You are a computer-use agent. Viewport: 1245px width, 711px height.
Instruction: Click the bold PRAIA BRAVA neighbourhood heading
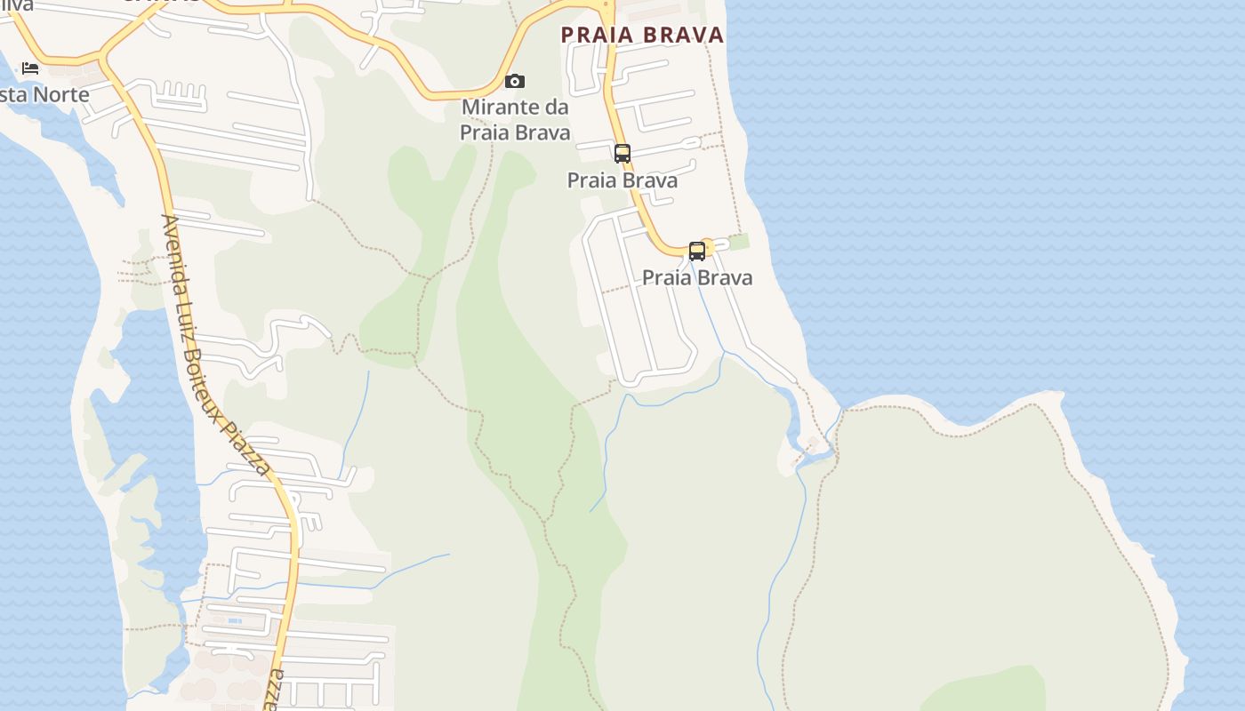coord(642,35)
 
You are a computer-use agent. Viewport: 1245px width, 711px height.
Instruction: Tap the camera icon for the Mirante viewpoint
coord(515,82)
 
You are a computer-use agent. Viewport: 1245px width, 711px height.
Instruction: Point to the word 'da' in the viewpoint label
coord(556,107)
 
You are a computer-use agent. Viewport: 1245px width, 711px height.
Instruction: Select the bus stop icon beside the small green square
coord(697,251)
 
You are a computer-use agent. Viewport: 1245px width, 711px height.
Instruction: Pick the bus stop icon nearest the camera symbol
coord(622,153)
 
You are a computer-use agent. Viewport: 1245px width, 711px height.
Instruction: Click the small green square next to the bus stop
coord(739,241)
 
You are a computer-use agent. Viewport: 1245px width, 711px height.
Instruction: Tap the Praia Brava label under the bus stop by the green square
coord(697,277)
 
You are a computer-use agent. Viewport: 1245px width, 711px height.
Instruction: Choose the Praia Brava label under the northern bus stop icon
coord(622,180)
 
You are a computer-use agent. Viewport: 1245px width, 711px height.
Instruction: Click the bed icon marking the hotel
coord(30,68)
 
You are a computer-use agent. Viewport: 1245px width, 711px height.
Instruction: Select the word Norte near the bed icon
coord(60,94)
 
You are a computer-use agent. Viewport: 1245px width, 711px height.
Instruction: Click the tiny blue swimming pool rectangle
coord(235,620)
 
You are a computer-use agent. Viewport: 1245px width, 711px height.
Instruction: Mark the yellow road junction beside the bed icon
coord(101,60)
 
